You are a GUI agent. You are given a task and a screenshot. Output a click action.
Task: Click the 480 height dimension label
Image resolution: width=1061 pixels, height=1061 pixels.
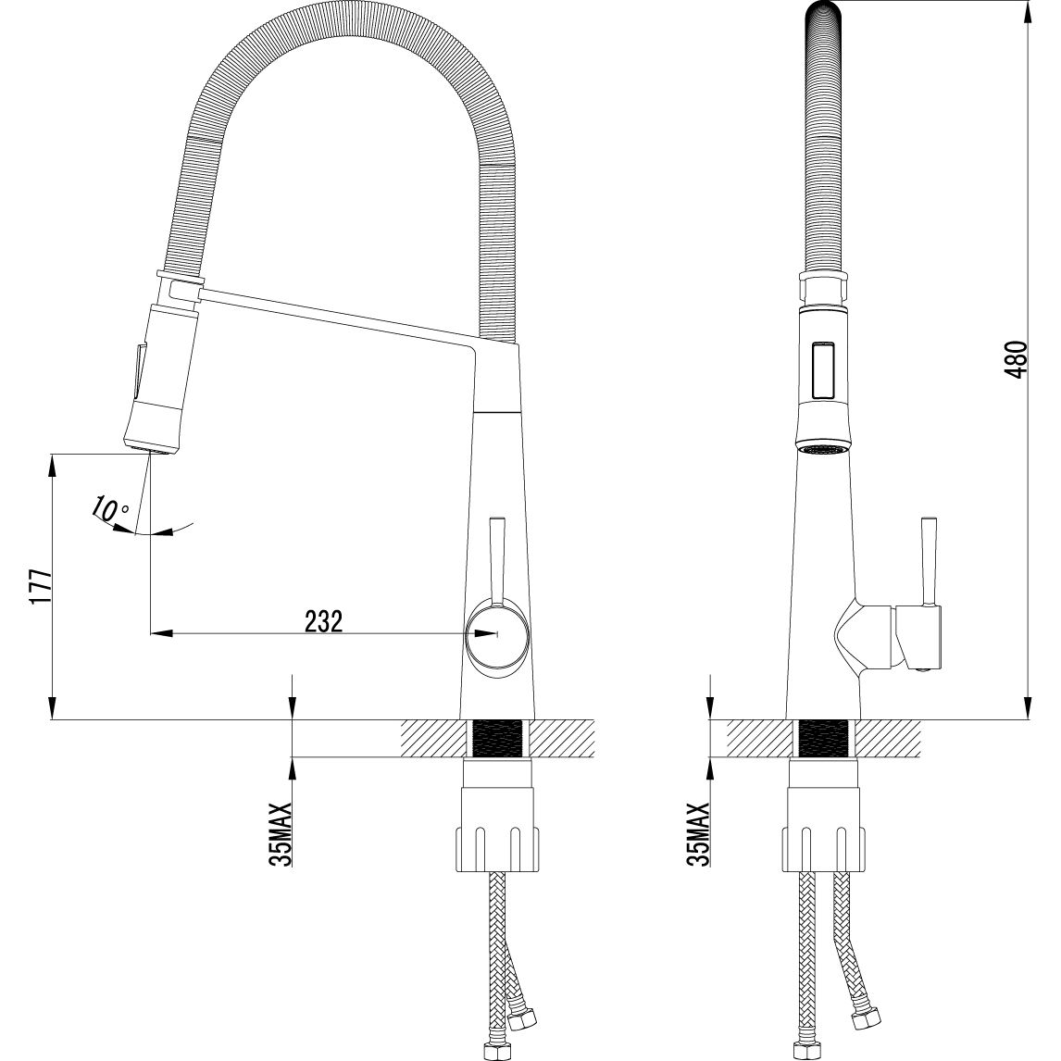point(1017,359)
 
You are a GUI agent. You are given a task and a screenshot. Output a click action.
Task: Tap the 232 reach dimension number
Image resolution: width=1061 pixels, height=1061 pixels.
point(323,620)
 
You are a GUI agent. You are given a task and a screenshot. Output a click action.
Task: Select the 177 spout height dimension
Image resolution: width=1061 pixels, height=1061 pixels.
point(42,587)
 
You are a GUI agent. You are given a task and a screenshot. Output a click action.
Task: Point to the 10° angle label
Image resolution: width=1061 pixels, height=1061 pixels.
point(109,509)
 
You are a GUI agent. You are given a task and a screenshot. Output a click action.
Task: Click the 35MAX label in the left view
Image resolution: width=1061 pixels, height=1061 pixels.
point(281,834)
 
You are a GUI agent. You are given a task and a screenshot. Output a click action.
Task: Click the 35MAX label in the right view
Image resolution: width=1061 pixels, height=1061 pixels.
point(698,834)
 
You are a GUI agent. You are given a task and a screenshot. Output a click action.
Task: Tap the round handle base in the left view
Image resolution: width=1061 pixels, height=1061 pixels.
point(495,635)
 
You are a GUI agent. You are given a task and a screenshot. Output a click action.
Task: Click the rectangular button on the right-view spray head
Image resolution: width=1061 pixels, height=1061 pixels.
point(823,368)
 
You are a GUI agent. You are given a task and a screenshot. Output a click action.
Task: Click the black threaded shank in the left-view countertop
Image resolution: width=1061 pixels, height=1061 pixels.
point(497,739)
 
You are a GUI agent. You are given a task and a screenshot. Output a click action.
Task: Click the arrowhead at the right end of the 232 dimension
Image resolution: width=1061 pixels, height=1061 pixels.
point(484,634)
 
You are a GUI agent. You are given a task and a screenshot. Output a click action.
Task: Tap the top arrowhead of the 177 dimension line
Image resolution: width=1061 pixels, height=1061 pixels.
point(52,467)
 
